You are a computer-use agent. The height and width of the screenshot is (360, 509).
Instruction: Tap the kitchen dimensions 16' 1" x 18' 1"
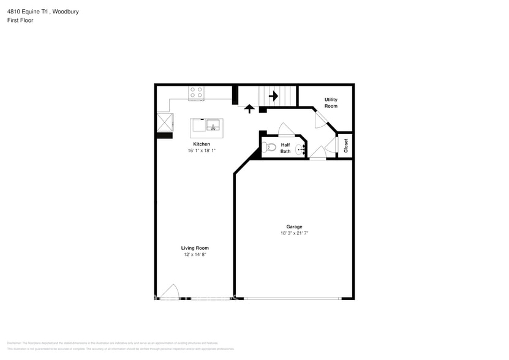pyautogui.click(x=202, y=151)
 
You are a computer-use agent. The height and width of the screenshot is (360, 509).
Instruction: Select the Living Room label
pyautogui.click(x=195, y=248)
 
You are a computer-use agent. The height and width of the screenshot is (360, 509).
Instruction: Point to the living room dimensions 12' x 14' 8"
pyautogui.click(x=195, y=255)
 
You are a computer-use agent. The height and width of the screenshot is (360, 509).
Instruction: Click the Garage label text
pyautogui.click(x=294, y=227)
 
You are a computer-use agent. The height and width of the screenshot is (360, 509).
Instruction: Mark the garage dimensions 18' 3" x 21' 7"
pyautogui.click(x=294, y=233)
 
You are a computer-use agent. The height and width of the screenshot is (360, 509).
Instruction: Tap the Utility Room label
pyautogui.click(x=331, y=103)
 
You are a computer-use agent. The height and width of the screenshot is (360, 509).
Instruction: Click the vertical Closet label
pyautogui.click(x=346, y=146)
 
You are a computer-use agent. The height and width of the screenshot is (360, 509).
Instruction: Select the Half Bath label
pyautogui.click(x=285, y=148)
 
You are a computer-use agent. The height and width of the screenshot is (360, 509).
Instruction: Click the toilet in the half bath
pyautogui.click(x=270, y=147)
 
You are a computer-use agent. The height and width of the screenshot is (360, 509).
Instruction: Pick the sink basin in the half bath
pyautogui.click(x=301, y=148)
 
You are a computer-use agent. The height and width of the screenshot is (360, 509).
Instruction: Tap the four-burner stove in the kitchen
pyautogui.click(x=197, y=93)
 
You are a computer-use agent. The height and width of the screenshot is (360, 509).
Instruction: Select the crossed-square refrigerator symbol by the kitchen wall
pyautogui.click(x=164, y=121)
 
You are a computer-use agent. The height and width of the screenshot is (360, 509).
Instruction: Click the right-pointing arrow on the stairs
pyautogui.click(x=273, y=96)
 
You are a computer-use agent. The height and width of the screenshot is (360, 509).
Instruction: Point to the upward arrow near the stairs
pyautogui.click(x=249, y=109)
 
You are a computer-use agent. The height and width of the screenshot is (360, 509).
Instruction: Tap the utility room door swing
pyautogui.click(x=320, y=119)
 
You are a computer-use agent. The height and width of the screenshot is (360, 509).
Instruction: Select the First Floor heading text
pyautogui.click(x=21, y=20)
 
